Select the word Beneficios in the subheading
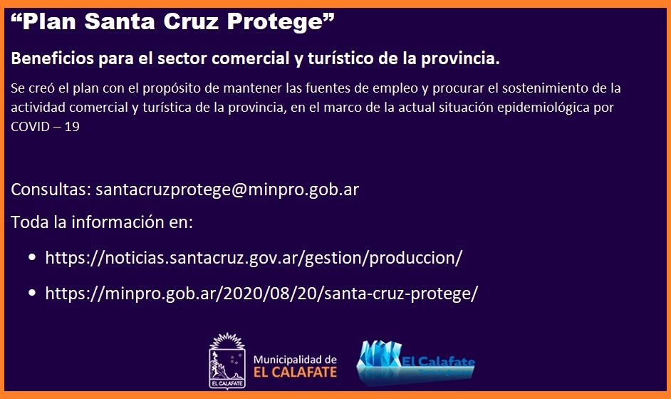[52, 58]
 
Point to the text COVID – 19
[45, 126]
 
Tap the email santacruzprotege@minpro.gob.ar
[227, 190]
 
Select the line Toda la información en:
[102, 222]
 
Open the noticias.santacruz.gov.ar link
[254, 258]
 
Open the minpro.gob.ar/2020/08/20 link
[261, 294]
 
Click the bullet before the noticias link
[32, 258]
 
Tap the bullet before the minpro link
[32, 294]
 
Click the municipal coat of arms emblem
[227, 361]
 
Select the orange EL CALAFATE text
[296, 372]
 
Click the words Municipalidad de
[296, 360]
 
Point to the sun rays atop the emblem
[227, 341]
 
